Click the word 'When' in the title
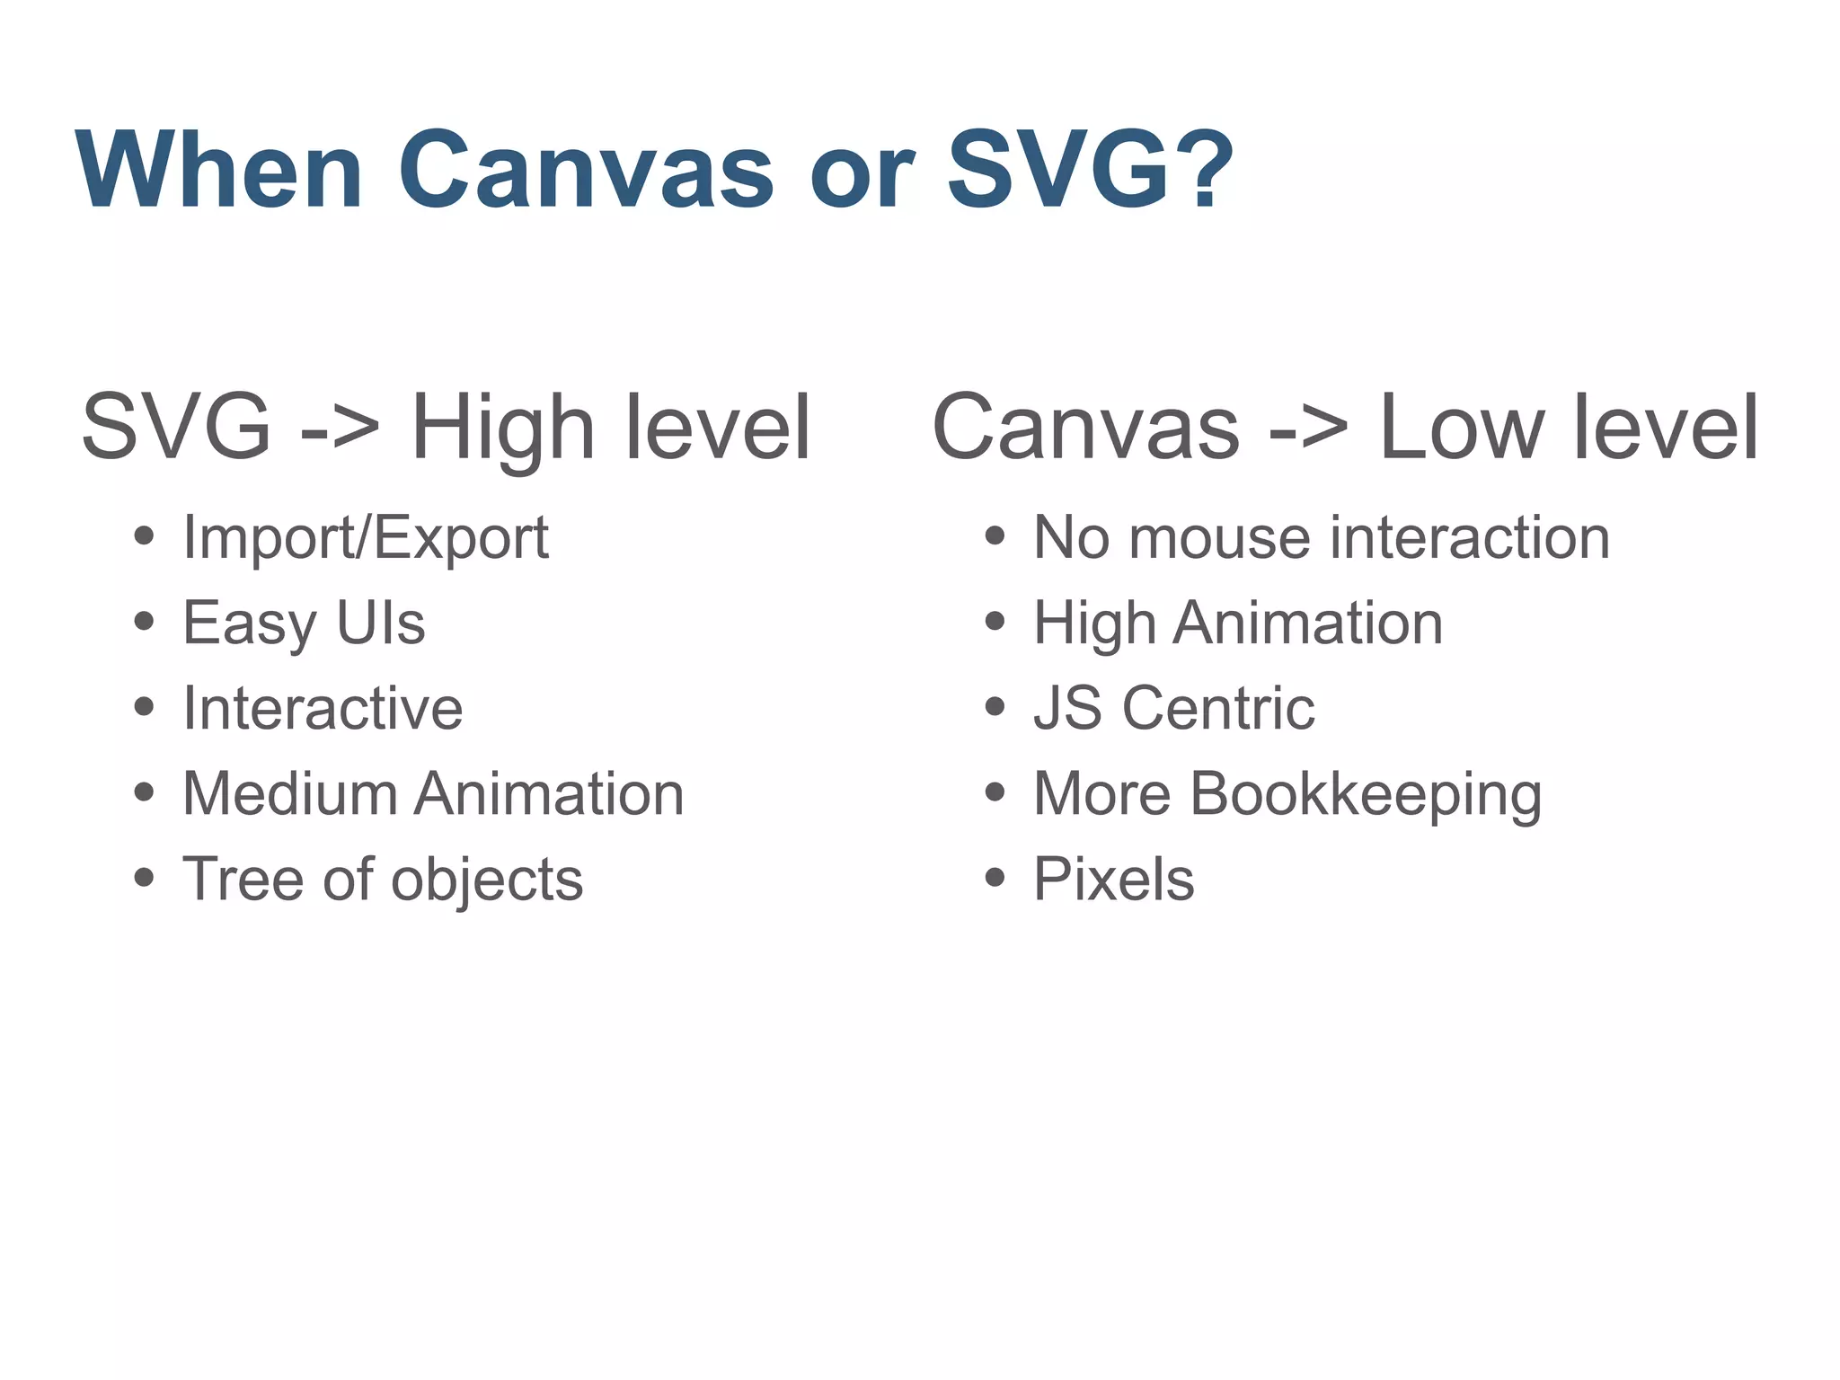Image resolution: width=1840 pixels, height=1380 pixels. point(220,171)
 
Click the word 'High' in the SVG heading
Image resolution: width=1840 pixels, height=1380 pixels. point(502,429)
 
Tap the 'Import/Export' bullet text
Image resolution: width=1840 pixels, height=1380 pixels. point(366,538)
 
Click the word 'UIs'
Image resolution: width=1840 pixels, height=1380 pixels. point(380,623)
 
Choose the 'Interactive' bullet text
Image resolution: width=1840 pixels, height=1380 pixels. point(323,708)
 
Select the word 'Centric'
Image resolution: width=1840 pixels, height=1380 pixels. point(1218,708)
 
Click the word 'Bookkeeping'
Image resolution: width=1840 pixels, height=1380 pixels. point(1366,794)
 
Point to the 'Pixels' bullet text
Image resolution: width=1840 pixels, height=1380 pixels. point(1114,879)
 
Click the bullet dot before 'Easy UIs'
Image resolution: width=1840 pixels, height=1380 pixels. point(144,622)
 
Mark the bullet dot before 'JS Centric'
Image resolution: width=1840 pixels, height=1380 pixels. point(995,707)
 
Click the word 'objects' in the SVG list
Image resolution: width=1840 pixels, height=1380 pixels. point(486,879)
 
